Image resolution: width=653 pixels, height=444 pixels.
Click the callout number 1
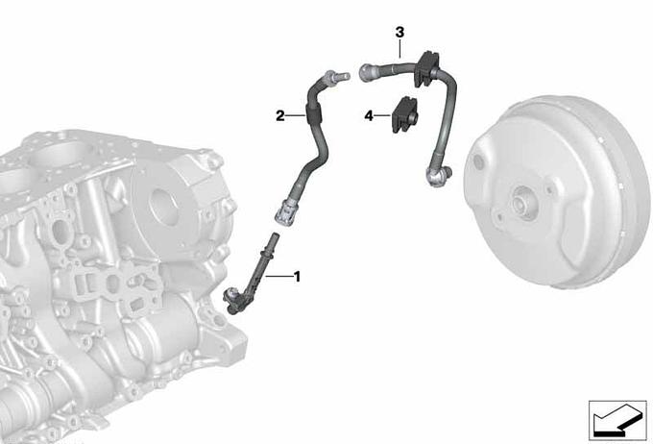[297, 277]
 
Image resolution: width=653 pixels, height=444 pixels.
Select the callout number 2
[280, 115]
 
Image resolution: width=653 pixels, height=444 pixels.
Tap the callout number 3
[399, 32]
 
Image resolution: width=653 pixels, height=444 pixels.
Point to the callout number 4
[369, 115]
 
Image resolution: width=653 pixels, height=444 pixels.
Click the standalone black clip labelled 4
[405, 114]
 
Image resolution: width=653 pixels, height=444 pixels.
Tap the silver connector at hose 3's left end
[369, 72]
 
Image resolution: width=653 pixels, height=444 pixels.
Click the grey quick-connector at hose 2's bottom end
[286, 211]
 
